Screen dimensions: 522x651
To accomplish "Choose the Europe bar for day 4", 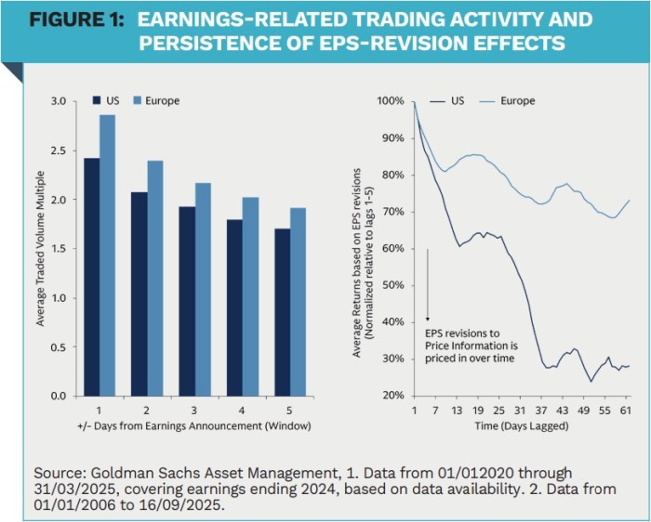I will (251, 296).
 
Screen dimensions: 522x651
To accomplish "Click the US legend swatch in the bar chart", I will (96, 100).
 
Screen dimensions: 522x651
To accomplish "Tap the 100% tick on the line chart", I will (389, 101).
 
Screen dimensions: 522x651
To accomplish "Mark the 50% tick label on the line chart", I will (391, 285).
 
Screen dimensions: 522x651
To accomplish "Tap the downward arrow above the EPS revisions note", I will (427, 283).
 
